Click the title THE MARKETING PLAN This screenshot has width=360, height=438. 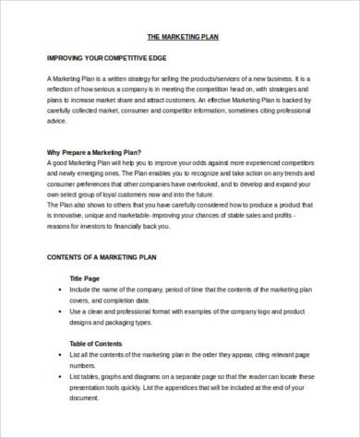(x=183, y=38)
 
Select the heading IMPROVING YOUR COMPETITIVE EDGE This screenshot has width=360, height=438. (x=106, y=58)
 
